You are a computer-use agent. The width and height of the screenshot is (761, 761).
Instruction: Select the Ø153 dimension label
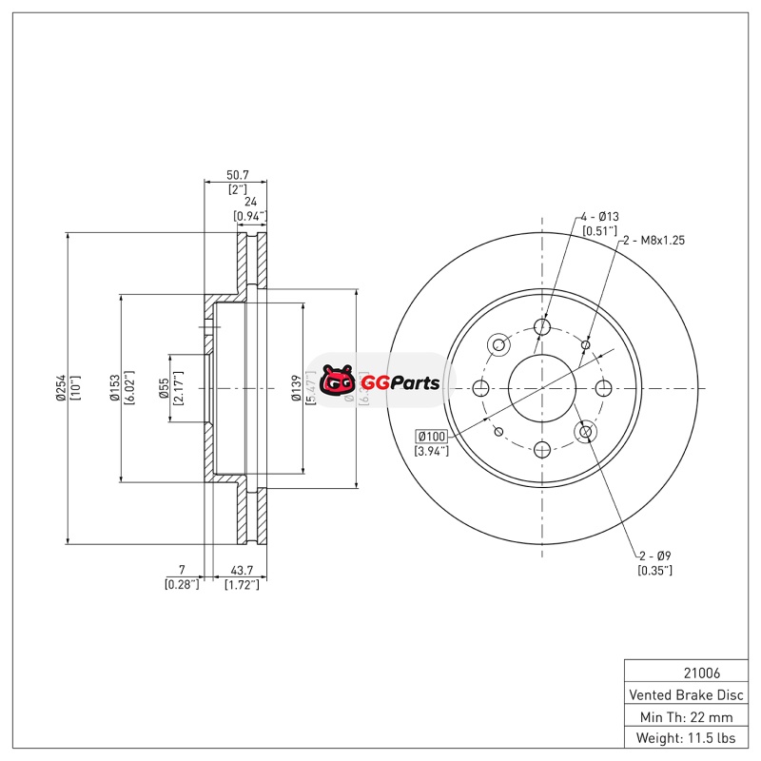[x=114, y=388]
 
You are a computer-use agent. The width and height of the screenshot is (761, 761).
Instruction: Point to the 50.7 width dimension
[x=238, y=175]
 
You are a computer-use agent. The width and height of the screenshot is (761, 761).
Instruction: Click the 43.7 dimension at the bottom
[x=242, y=571]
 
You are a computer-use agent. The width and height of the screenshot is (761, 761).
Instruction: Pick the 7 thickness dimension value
[x=182, y=571]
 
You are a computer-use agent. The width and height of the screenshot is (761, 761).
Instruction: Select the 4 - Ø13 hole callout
[x=599, y=217]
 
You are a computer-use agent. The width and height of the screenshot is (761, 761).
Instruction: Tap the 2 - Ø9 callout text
[x=654, y=556]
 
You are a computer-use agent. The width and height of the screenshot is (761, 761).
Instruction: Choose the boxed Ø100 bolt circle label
[x=432, y=436]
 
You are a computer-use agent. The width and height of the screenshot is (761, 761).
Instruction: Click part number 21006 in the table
[x=685, y=672]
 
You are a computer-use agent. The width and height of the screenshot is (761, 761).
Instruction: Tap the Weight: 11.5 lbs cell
[x=685, y=737]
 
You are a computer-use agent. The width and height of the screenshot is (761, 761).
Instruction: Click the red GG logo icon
[x=337, y=382]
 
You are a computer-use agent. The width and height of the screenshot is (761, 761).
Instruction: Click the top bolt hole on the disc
[x=542, y=327]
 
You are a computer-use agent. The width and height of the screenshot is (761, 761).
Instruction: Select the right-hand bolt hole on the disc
[x=603, y=388]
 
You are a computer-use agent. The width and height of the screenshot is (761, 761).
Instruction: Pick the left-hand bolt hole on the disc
[x=480, y=388]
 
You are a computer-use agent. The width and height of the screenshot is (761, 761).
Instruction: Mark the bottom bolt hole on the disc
[x=542, y=449]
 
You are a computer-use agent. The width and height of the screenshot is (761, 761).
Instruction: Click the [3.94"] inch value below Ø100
[x=432, y=450]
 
